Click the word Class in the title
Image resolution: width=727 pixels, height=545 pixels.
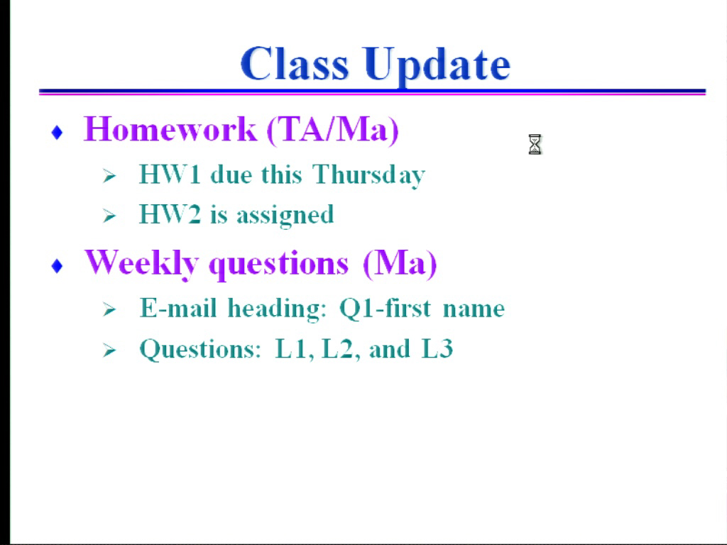294,63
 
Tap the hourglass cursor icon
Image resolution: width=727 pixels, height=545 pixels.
535,145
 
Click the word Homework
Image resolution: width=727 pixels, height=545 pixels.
170,129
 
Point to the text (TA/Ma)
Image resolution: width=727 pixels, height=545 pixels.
333,131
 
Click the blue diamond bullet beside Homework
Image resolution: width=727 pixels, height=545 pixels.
57,133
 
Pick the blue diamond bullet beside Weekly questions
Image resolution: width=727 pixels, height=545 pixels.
57,266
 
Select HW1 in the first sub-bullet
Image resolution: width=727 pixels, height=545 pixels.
170,175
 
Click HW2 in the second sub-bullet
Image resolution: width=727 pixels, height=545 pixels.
170,214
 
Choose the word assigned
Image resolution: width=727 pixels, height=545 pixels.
285,216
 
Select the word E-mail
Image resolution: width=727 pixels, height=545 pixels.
178,308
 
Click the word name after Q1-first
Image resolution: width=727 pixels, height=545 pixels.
474,310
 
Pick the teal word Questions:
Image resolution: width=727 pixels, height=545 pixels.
200,349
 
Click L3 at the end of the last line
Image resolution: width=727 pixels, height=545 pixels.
437,348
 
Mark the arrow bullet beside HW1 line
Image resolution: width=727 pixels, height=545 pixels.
109,176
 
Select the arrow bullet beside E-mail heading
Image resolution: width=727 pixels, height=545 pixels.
109,309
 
